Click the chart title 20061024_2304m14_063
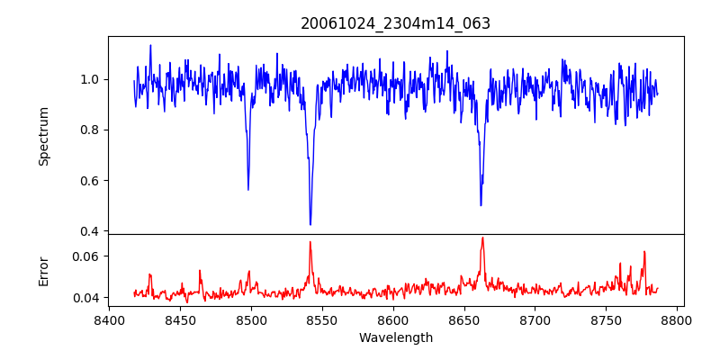click(x=395, y=23)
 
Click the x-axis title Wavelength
click(x=395, y=338)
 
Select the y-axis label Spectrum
click(x=43, y=136)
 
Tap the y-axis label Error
click(x=43, y=271)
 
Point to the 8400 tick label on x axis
click(x=109, y=319)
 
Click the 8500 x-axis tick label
click(x=251, y=319)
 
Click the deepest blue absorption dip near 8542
click(x=310, y=224)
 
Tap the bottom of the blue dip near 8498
click(x=248, y=190)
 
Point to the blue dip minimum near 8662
click(x=481, y=205)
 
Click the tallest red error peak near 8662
click(x=482, y=238)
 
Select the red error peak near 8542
click(x=310, y=241)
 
